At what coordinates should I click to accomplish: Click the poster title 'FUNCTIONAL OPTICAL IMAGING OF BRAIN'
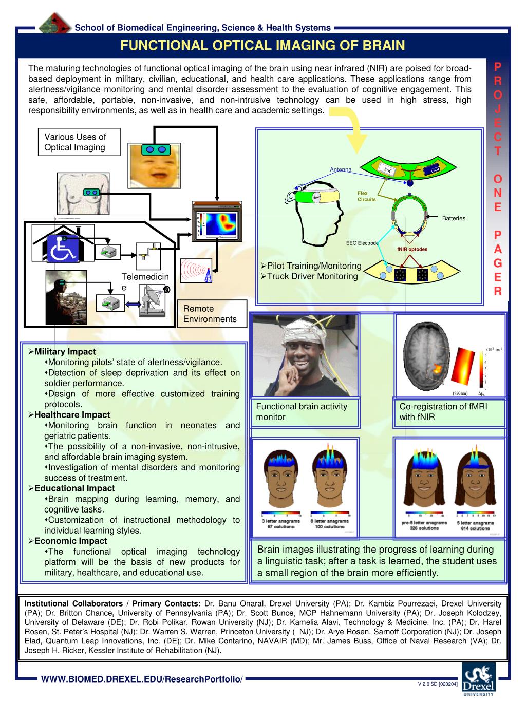tap(262, 45)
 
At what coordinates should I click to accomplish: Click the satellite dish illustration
tap(154, 298)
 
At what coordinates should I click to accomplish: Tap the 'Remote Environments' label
tap(210, 314)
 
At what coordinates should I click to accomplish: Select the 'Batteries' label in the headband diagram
tap(454, 218)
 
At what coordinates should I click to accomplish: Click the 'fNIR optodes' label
tap(412, 250)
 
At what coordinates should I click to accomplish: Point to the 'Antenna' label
tap(341, 169)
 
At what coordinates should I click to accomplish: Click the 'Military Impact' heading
tap(65, 352)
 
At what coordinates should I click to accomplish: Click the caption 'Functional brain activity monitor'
tap(302, 412)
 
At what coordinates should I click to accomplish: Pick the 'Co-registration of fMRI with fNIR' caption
tap(443, 412)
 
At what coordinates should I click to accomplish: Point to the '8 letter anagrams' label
tap(330, 521)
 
